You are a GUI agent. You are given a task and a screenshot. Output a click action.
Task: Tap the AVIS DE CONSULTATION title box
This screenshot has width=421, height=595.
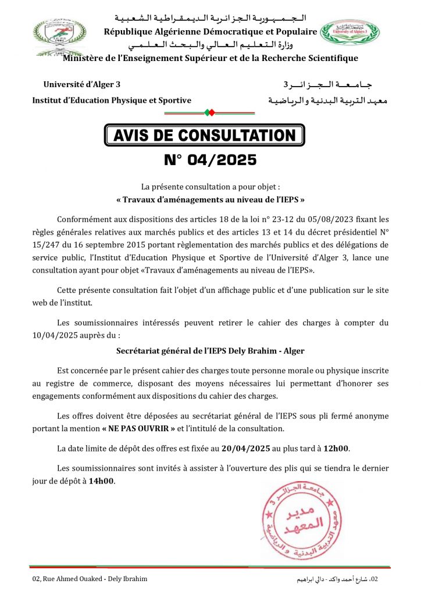[x=204, y=135]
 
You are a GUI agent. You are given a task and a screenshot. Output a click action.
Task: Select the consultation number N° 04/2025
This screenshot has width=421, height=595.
[x=211, y=159]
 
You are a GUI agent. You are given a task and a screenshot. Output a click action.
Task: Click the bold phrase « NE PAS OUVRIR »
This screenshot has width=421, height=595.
[x=140, y=428]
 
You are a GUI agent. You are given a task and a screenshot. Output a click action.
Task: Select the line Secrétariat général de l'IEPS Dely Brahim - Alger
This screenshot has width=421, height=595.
[x=211, y=351]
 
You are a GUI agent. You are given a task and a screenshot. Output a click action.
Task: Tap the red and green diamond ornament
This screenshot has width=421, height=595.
[x=211, y=112]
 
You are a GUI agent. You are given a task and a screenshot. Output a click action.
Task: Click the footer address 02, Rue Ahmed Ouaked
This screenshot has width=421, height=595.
[x=90, y=579]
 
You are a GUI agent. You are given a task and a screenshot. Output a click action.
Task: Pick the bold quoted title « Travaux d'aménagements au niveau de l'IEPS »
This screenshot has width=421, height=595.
[x=211, y=199]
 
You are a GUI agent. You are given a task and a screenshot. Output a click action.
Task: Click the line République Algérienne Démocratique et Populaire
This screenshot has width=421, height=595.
[x=211, y=31]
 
